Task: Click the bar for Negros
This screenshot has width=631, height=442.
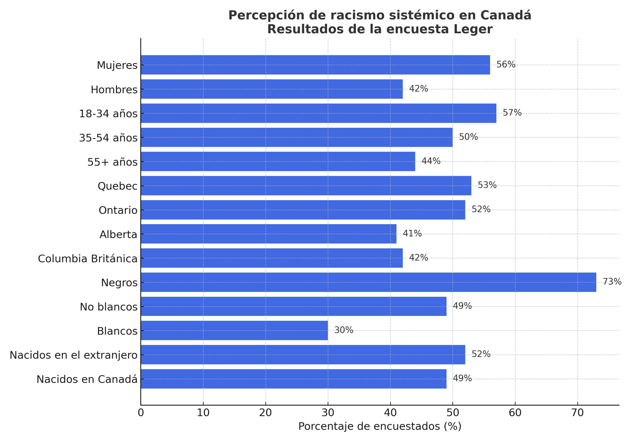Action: click(368, 282)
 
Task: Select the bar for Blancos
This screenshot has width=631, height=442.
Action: click(234, 330)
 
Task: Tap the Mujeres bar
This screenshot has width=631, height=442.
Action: click(315, 65)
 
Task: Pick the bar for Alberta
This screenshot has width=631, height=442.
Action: click(268, 234)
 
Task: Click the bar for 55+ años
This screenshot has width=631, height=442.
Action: click(278, 162)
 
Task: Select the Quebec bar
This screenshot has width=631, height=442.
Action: click(306, 186)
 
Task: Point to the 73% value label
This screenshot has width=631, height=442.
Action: click(612, 282)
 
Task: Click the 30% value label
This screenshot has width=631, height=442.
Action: click(344, 330)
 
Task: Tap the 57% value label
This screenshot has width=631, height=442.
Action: click(512, 113)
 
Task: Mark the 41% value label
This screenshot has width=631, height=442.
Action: click(412, 234)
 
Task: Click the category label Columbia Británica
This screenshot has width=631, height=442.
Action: click(88, 259)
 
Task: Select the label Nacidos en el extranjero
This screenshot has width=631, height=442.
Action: click(73, 355)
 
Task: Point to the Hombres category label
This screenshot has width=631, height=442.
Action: click(114, 90)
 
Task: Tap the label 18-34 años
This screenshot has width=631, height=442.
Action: click(108, 114)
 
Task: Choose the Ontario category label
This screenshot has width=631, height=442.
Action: click(118, 210)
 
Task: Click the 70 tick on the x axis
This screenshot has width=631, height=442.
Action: click(578, 413)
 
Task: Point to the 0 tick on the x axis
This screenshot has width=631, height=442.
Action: click(141, 413)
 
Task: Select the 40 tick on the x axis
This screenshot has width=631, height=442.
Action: click(390, 413)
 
